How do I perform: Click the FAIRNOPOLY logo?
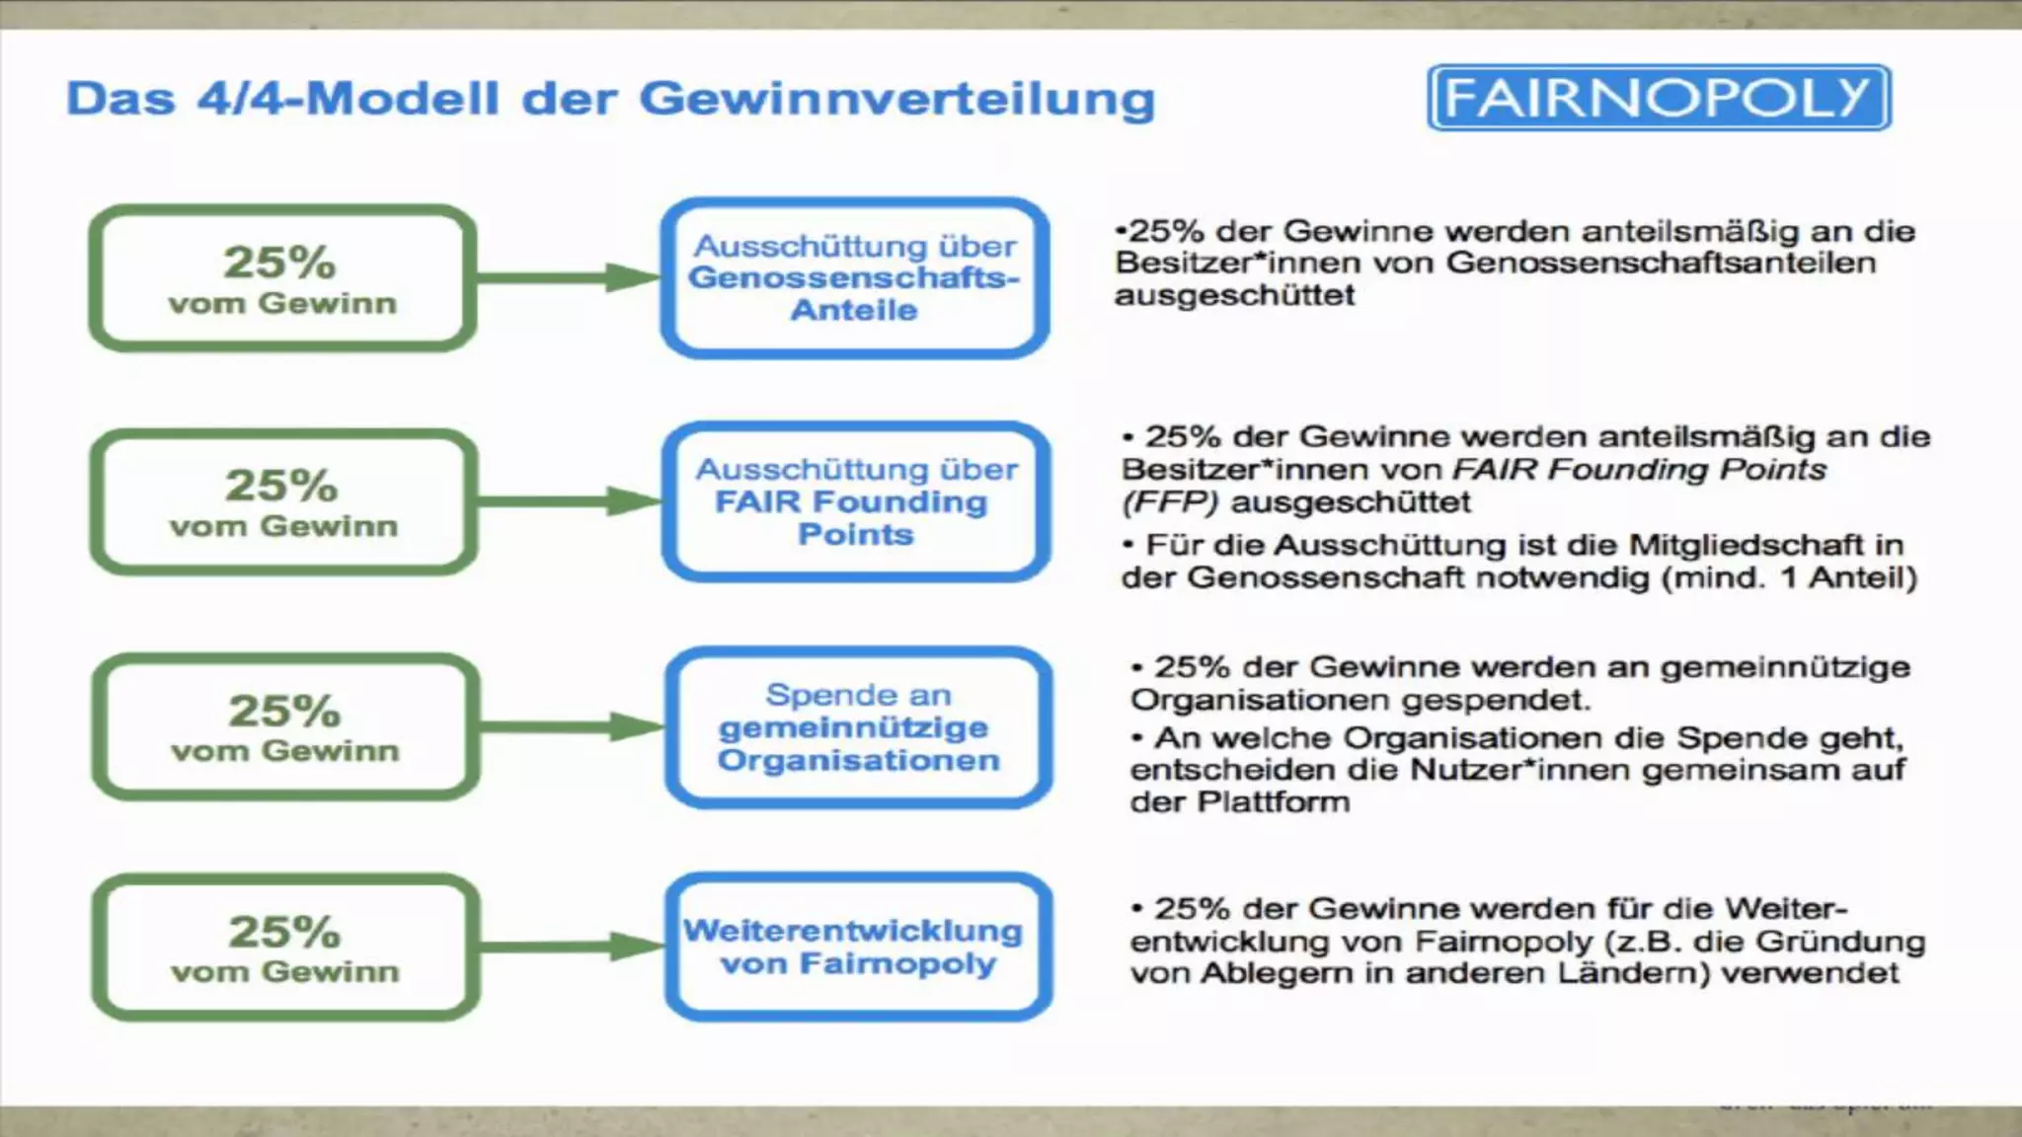point(1659,98)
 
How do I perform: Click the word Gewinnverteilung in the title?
point(896,99)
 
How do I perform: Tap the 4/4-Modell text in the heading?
point(348,99)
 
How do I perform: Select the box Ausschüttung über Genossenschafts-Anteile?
point(855,277)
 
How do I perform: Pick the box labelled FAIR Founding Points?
point(855,501)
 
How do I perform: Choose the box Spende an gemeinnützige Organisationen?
point(858,727)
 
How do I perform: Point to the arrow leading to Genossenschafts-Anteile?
point(568,277)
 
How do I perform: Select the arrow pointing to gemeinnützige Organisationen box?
point(572,727)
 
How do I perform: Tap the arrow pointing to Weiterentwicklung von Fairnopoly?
point(572,947)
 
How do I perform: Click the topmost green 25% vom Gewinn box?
point(282,277)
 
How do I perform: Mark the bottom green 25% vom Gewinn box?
point(285,947)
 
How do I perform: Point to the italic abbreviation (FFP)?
point(1170,502)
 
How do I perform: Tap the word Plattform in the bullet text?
point(1273,801)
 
